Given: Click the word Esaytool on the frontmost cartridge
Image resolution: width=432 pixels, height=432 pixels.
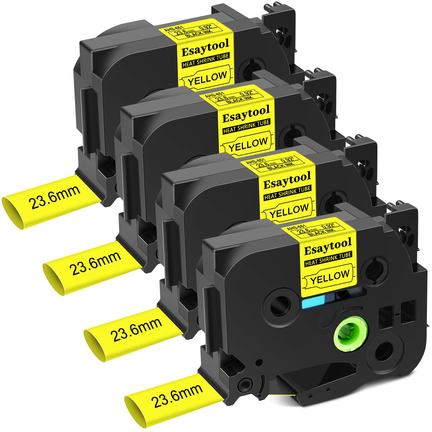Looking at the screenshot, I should coord(328,247).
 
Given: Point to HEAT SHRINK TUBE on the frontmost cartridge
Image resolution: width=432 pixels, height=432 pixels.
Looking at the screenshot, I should coord(328,259).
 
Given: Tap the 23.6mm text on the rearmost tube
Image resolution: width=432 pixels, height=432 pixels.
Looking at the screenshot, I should coord(56,197).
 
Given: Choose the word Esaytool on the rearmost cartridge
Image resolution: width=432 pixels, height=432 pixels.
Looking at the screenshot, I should coord(205,48).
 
